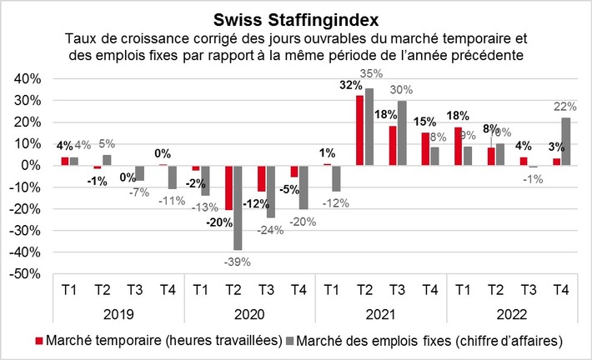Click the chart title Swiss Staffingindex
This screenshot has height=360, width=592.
pyautogui.click(x=296, y=18)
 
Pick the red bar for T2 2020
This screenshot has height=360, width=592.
pyautogui.click(x=228, y=187)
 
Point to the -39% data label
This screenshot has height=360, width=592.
pyautogui.click(x=238, y=260)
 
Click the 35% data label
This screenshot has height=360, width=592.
pyautogui.click(x=369, y=74)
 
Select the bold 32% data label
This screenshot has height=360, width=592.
pyautogui.click(x=350, y=85)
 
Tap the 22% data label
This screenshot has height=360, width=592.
pyautogui.click(x=566, y=105)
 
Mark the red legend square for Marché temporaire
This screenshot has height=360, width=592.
pyautogui.click(x=39, y=342)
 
